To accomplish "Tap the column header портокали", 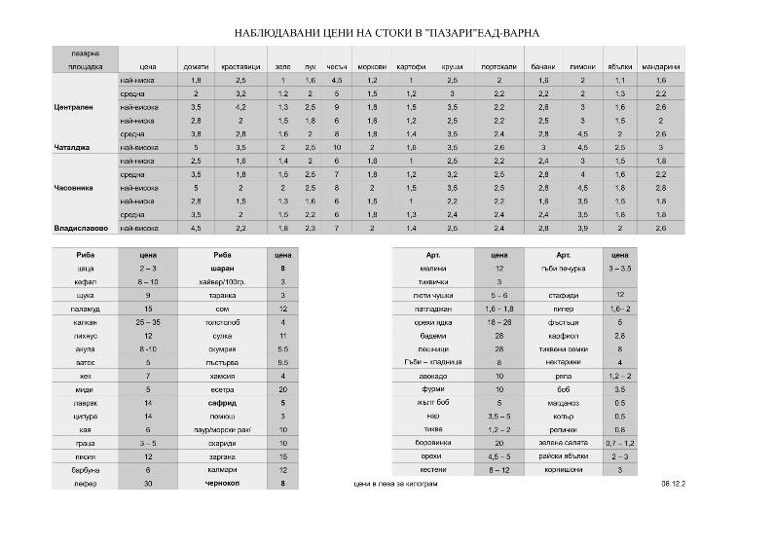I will click(498, 66).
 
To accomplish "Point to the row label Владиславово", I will click(83, 228).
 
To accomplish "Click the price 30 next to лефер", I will click(148, 482).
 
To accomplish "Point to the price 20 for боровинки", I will click(498, 441).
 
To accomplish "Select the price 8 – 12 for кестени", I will click(498, 468).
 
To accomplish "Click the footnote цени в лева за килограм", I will click(401, 483).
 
